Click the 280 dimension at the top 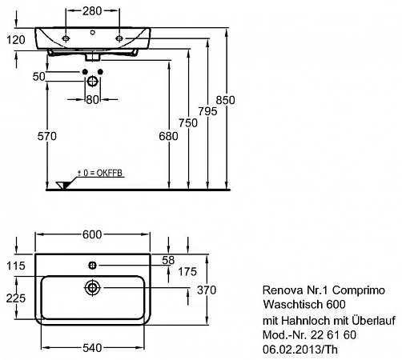point(92,11)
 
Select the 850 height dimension point(225,100)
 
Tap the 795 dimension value point(207,111)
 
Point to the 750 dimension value point(188,123)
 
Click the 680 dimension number point(168,136)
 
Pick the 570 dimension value point(47,136)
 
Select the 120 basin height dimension point(16,40)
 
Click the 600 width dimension point(92,234)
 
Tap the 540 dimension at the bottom point(92,348)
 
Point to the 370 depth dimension point(207,290)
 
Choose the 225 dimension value point(16,298)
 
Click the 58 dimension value point(168,260)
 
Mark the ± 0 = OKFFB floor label point(100,173)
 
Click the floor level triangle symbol point(63,185)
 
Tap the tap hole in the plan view point(92,266)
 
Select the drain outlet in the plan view point(92,288)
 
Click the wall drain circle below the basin point(92,82)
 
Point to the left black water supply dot point(85,72)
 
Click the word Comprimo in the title point(359,290)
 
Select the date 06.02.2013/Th point(300,350)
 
